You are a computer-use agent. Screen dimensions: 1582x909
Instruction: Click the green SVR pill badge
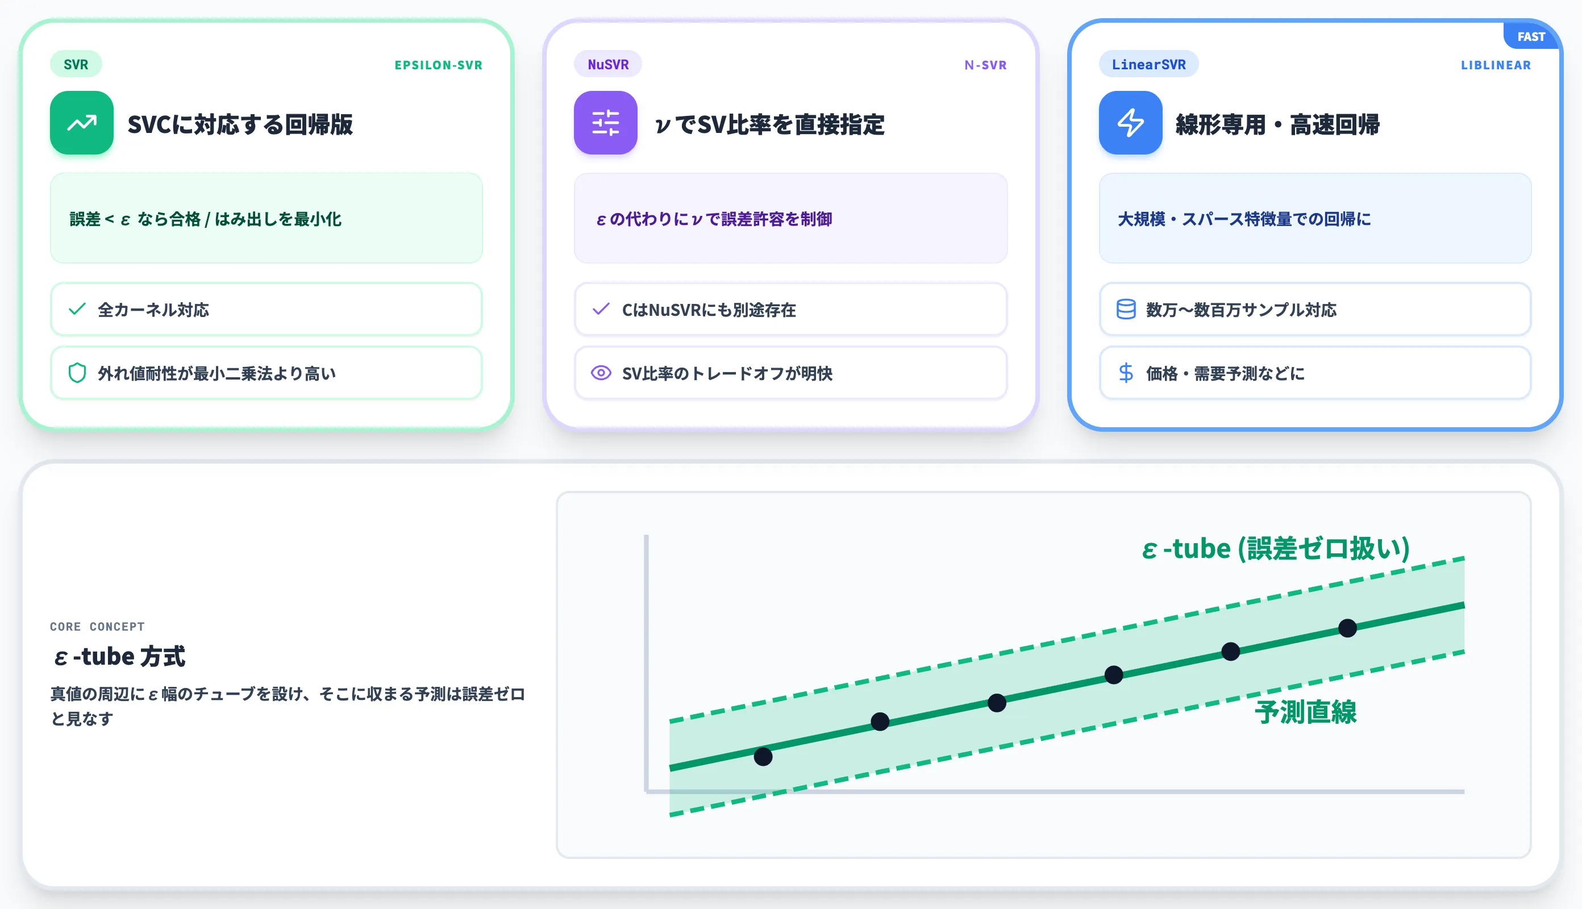click(x=76, y=64)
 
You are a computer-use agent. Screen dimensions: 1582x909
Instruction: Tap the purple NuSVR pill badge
click(x=607, y=64)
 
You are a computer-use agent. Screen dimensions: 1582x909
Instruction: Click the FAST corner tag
click(x=1531, y=37)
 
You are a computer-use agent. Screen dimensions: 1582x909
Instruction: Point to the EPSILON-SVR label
click(x=438, y=65)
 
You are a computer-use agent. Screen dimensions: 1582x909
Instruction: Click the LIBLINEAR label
click(x=1495, y=65)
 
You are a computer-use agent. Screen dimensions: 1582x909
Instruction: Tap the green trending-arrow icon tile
click(x=82, y=123)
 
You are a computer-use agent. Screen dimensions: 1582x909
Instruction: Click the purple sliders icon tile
click(x=606, y=123)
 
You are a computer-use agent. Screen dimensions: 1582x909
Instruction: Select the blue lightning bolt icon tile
click(x=1131, y=123)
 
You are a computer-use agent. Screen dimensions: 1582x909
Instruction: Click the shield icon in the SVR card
click(x=77, y=373)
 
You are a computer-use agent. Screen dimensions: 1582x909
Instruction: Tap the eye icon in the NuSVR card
click(x=601, y=373)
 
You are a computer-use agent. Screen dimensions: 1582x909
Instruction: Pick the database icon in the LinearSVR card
click(x=1126, y=309)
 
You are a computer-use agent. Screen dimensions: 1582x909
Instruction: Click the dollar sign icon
click(x=1126, y=373)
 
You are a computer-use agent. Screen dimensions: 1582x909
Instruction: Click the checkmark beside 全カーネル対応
click(x=77, y=309)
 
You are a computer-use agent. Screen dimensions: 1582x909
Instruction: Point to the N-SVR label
click(x=985, y=65)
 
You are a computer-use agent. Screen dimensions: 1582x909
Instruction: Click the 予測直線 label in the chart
click(x=1305, y=712)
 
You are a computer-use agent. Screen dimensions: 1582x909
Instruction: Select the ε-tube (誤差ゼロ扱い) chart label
click(x=1276, y=549)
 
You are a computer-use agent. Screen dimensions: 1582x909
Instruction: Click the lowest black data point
click(x=763, y=757)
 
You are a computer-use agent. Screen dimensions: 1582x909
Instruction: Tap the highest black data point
click(x=1347, y=628)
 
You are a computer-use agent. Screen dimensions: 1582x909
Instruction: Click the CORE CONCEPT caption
click(x=97, y=626)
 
